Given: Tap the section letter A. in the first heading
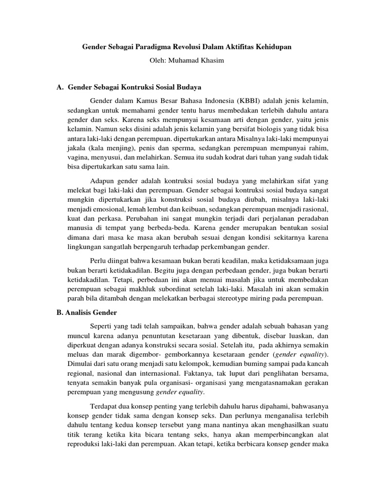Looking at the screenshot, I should click(60, 88).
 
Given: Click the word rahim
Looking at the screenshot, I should click(318, 148).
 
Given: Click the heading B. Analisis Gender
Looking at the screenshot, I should click(87, 313).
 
